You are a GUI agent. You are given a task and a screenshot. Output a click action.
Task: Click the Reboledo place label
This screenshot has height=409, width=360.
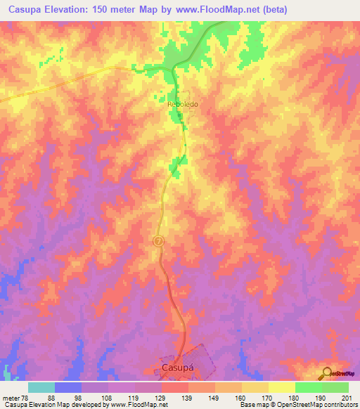(x=183, y=104)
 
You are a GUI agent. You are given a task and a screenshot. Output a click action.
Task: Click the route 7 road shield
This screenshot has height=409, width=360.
(x=158, y=241)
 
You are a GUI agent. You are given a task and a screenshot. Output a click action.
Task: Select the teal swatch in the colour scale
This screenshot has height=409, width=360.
(x=41, y=387)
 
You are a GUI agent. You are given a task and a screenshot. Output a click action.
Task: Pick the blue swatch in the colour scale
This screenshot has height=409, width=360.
(x=68, y=387)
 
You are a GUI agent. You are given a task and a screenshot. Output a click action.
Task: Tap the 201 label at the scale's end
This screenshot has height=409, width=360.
(x=346, y=397)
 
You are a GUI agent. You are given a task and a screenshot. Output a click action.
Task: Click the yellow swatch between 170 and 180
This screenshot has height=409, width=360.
(x=282, y=387)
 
